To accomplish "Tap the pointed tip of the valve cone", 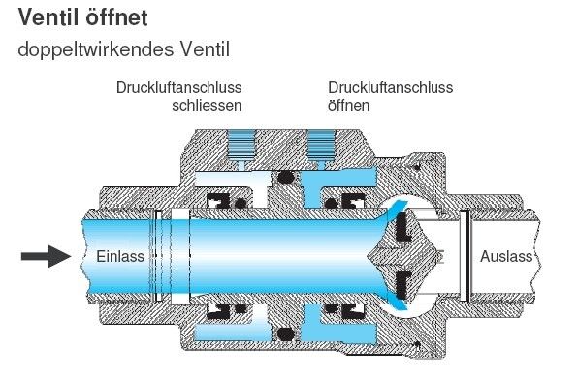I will (x=370, y=256).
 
